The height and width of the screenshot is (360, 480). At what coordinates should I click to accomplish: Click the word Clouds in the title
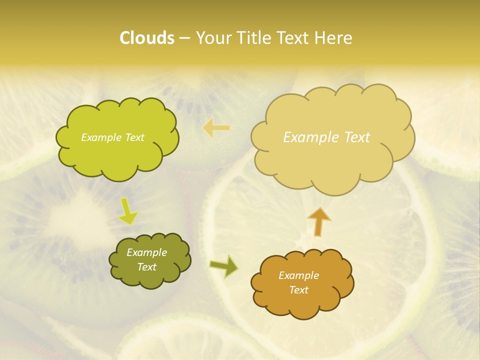146,38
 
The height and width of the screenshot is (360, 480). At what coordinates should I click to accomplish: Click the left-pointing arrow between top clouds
216,128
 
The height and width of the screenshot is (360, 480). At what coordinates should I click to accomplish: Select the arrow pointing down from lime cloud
127,212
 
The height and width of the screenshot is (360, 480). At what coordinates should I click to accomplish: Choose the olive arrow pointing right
223,266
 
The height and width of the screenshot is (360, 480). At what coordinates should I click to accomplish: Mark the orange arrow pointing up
319,221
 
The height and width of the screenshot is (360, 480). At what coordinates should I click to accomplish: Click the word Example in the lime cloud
100,137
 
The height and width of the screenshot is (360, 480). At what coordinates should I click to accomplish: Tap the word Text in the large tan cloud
355,137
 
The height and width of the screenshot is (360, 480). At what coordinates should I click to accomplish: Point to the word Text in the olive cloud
146,267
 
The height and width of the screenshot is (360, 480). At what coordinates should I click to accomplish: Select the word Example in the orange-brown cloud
298,275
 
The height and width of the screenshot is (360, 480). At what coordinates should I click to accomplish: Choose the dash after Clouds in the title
184,38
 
